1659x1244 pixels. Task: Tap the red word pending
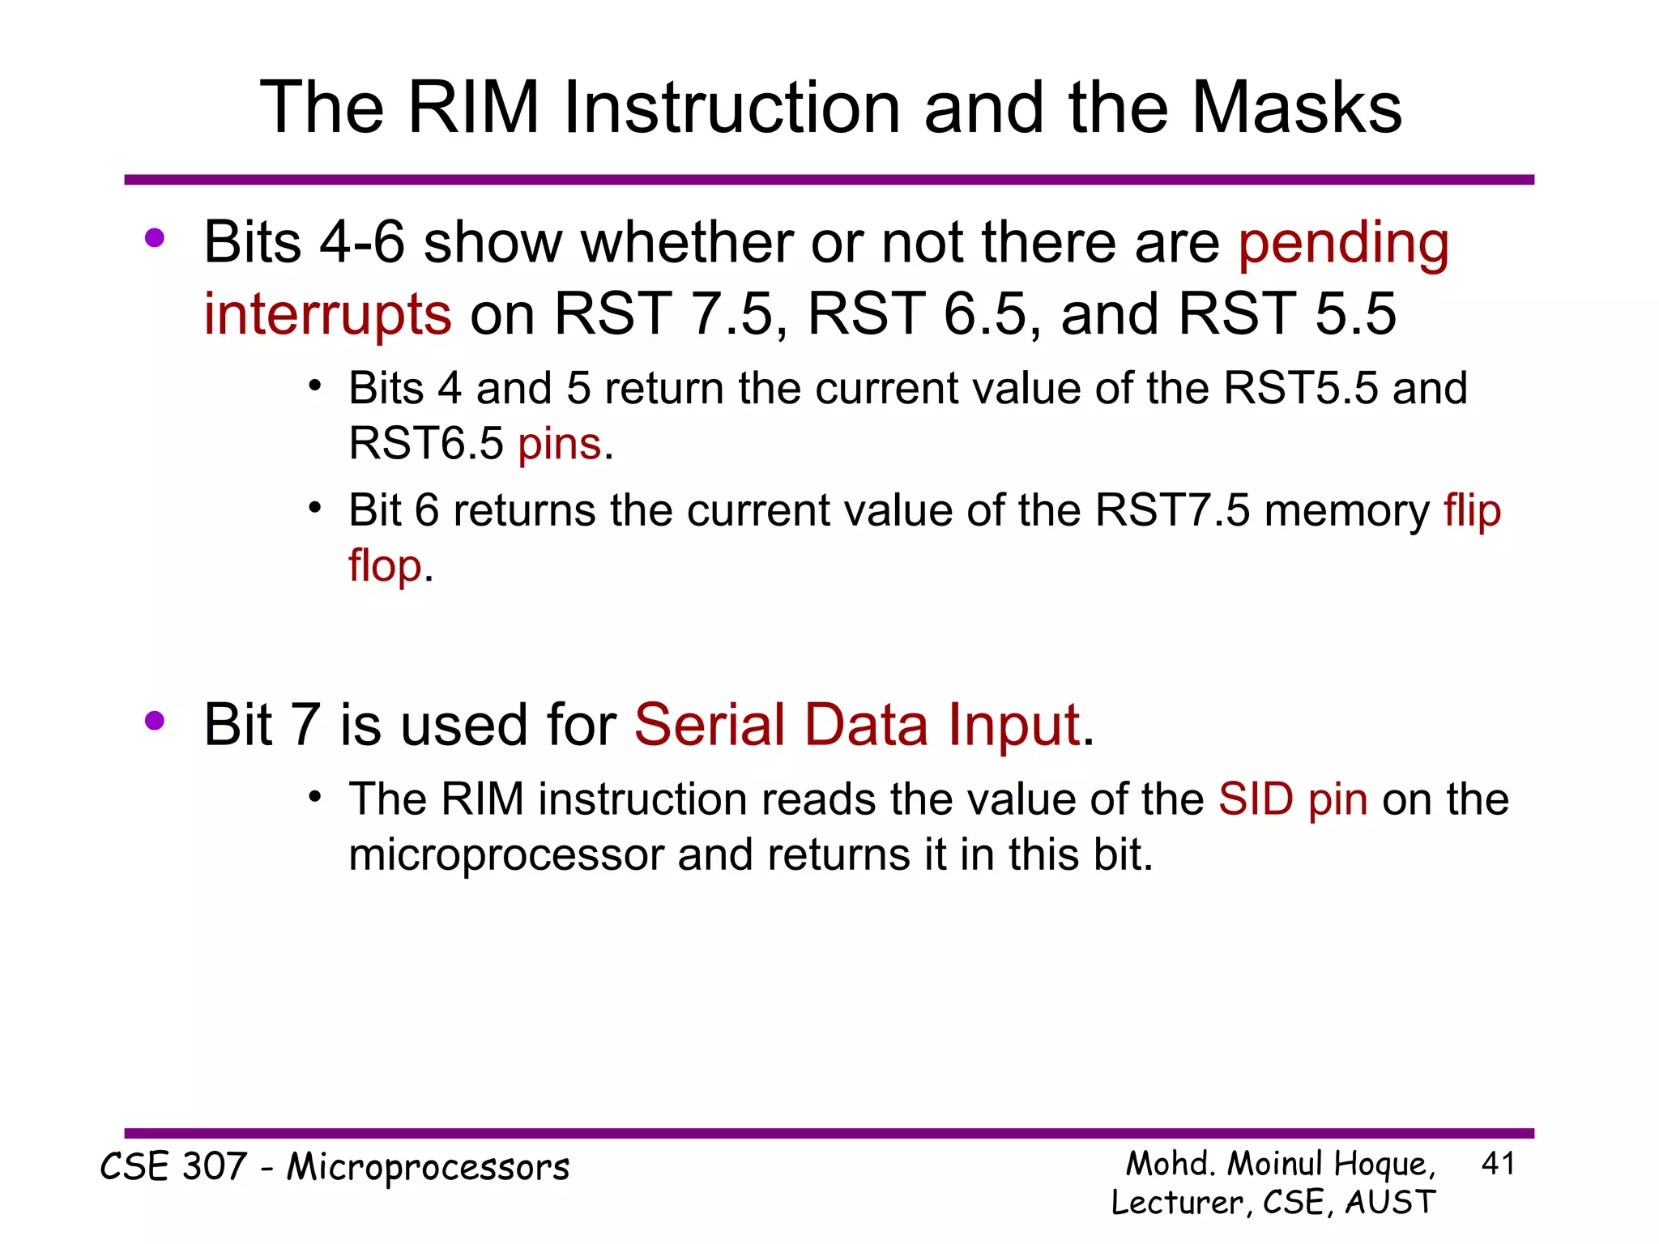(x=1343, y=243)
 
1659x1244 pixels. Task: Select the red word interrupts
(x=327, y=314)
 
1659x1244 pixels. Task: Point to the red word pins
(x=560, y=444)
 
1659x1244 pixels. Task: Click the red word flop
(x=385, y=565)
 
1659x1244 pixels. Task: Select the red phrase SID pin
(x=1293, y=799)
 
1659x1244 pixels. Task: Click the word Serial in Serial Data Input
(x=709, y=725)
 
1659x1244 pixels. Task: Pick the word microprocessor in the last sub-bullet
(x=506, y=855)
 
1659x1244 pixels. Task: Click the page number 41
(x=1497, y=1164)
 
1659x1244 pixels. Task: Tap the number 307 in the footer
(x=215, y=1167)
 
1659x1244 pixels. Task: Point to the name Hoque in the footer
(x=1384, y=1165)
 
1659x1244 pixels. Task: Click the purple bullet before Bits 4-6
(x=155, y=238)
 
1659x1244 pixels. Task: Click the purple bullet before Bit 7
(x=155, y=720)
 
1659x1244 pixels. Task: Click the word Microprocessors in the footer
(x=429, y=1167)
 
